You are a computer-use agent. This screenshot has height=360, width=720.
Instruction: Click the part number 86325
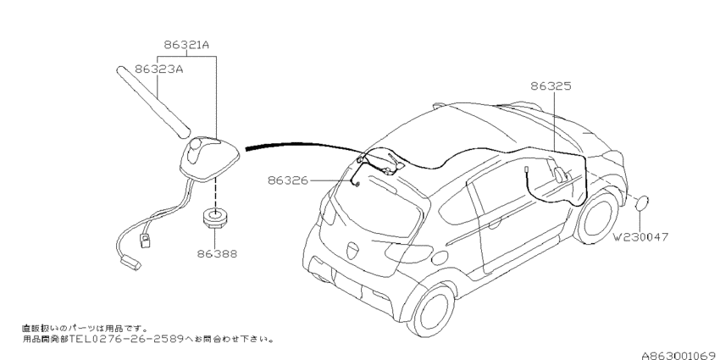[551, 86]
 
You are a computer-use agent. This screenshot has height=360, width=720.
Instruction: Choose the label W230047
[641, 238]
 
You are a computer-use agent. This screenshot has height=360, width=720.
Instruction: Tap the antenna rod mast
[152, 98]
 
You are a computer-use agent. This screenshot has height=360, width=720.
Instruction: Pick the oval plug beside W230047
[643, 203]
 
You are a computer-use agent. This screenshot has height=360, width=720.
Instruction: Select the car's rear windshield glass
[376, 203]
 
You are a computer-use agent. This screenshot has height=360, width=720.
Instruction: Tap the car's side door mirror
[560, 174]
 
